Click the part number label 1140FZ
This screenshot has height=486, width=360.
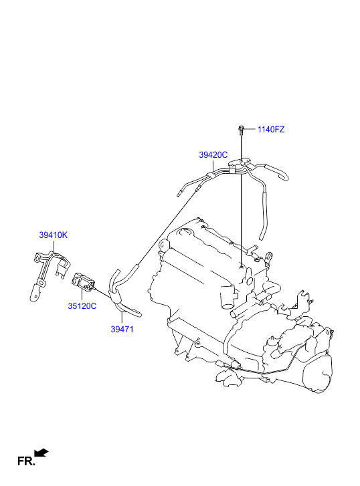tap(270, 129)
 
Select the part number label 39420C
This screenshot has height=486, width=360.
tap(213, 154)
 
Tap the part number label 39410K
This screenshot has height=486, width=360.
tap(53, 235)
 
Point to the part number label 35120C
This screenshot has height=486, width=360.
tap(82, 306)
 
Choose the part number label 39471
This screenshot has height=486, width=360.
tap(122, 329)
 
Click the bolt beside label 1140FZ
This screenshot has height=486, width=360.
tap(241, 130)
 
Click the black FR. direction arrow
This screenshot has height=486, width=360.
tap(41, 453)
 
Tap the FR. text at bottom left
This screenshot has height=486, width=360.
tap(26, 461)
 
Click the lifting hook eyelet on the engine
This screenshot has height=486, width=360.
tap(269, 256)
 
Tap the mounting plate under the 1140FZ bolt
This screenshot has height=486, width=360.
tap(240, 162)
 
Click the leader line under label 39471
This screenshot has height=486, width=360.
tap(122, 318)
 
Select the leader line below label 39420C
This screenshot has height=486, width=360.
tap(213, 166)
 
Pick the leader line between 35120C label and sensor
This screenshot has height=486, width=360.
tap(82, 294)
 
